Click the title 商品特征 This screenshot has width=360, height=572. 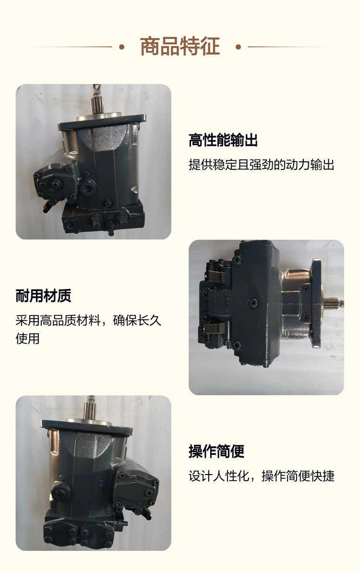pyautogui.click(x=180, y=46)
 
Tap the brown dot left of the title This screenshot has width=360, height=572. pyautogui.click(x=122, y=47)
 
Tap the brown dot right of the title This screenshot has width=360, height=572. pyautogui.click(x=238, y=47)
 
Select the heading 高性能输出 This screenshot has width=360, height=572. pyautogui.click(x=223, y=140)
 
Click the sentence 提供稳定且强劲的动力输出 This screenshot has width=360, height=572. pyautogui.click(x=262, y=165)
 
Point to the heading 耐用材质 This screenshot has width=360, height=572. pyautogui.click(x=43, y=295)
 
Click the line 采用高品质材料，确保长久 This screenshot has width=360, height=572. pyautogui.click(x=88, y=320)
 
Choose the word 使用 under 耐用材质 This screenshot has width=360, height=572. pyautogui.click(x=27, y=339)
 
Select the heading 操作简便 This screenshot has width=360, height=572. pyautogui.click(x=216, y=451)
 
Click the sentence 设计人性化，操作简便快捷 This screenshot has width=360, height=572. pyautogui.click(x=262, y=475)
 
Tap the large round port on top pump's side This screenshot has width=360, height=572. pyautogui.click(x=88, y=188)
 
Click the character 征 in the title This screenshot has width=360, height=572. pyautogui.click(x=210, y=46)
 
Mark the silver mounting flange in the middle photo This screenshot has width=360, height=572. pyautogui.click(x=316, y=303)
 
